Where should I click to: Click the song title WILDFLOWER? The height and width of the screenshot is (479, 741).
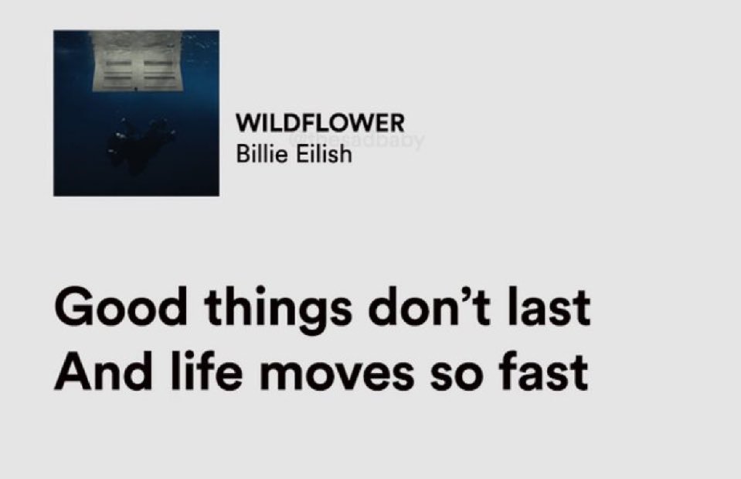(x=320, y=123)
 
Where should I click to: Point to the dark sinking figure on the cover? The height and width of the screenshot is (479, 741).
(x=146, y=139)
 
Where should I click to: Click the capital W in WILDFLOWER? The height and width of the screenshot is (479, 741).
(x=246, y=123)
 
